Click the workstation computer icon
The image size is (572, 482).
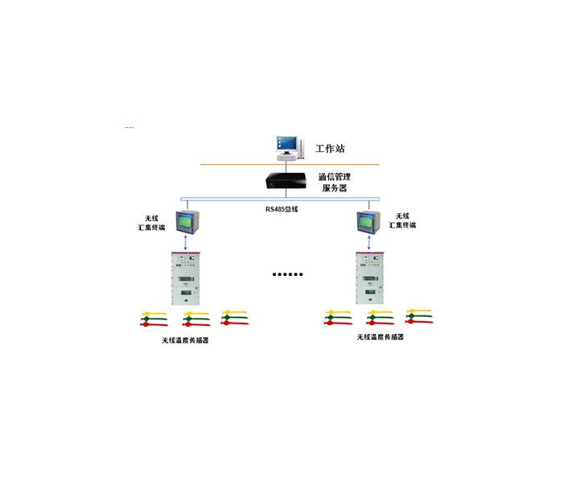click(x=286, y=145)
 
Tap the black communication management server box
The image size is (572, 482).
click(x=286, y=180)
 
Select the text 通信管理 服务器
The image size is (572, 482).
click(x=334, y=182)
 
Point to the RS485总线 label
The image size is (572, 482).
click(x=283, y=210)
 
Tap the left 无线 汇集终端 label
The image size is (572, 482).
click(x=151, y=223)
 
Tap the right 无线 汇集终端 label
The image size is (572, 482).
click(x=402, y=221)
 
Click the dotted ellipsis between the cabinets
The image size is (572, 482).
click(x=287, y=274)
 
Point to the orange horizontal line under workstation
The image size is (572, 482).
click(x=286, y=164)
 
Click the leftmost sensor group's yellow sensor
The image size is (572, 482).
click(x=153, y=314)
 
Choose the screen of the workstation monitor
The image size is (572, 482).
click(x=283, y=142)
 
